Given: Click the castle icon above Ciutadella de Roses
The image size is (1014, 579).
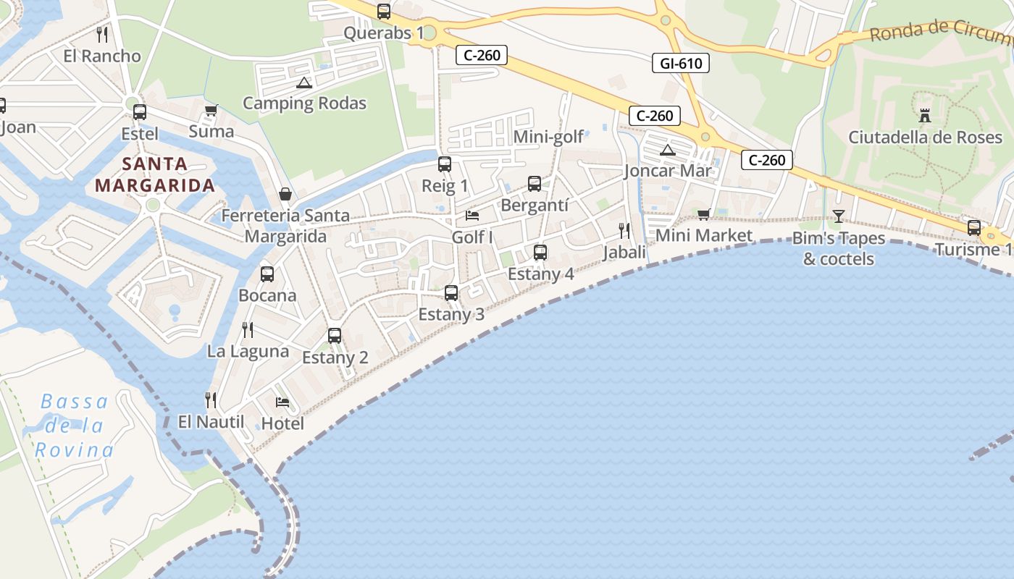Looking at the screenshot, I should point(925,114).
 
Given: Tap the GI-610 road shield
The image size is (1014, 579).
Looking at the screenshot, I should point(680,63).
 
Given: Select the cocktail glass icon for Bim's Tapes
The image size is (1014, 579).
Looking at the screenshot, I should point(839,216).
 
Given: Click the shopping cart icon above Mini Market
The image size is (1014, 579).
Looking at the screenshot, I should point(703,214).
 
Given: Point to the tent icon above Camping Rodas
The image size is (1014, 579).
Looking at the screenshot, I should point(303,83).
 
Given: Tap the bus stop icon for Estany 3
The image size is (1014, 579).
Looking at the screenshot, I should point(451,293).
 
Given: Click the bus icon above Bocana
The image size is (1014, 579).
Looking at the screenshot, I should point(267,274).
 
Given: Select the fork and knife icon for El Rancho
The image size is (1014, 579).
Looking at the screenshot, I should point(102,35).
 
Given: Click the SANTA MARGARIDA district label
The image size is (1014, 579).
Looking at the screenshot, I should point(155,174).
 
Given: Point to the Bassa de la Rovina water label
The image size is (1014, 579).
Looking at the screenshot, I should point(75,426).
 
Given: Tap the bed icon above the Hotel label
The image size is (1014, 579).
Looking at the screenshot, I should point(282,402).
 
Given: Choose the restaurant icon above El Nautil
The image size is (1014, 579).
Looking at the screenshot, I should point(211,400).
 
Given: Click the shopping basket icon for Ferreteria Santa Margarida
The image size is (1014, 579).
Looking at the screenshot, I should point(285,194).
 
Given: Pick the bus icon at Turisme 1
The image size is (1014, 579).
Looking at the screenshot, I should point(974,228).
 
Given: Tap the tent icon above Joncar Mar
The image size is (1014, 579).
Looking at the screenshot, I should point(668,150).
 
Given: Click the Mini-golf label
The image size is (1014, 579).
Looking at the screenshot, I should point(548,137).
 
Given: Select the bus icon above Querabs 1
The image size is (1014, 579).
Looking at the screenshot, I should point(384,12).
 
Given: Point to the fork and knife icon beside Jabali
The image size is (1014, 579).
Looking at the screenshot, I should point(624,231).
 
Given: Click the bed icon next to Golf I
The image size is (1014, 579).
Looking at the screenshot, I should point(472,216).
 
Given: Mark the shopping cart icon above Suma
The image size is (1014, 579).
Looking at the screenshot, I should point(211,110).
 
